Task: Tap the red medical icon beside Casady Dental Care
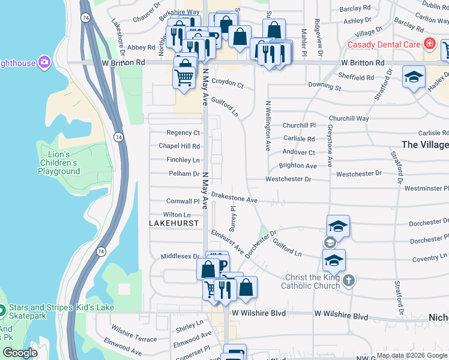[x=429, y=44]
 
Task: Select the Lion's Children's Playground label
[x=59, y=163]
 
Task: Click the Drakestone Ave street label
[x=234, y=199]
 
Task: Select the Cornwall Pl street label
[x=178, y=202]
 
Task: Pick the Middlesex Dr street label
[x=179, y=256]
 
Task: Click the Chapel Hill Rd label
[x=179, y=146]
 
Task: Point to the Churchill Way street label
[x=349, y=118]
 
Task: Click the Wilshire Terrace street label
[x=134, y=335]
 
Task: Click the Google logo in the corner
[x=20, y=353]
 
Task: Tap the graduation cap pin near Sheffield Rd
[x=414, y=77]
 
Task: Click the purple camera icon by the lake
[x=44, y=62]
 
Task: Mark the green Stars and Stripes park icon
[x=2, y=311]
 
